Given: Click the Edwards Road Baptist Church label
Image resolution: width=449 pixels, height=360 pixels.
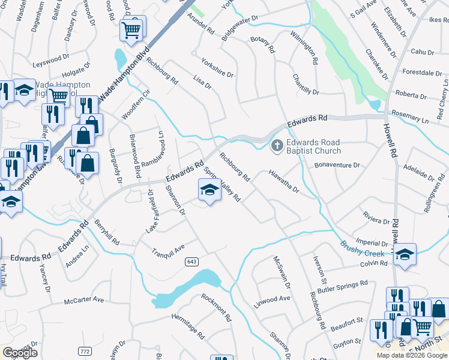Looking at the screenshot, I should tap(313, 147).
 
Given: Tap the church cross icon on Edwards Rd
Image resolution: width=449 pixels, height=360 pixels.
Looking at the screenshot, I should tap(277, 145).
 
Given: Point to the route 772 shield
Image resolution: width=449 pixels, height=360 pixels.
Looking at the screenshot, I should tap(85, 334).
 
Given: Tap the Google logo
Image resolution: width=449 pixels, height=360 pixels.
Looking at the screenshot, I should tap(20, 353).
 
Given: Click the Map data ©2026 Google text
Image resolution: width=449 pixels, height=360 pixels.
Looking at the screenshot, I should tap(412, 355).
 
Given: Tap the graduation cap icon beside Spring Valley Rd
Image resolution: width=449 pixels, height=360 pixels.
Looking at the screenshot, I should tap(208, 191).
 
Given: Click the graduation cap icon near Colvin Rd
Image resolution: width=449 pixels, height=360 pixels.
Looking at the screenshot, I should tap(405, 254).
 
